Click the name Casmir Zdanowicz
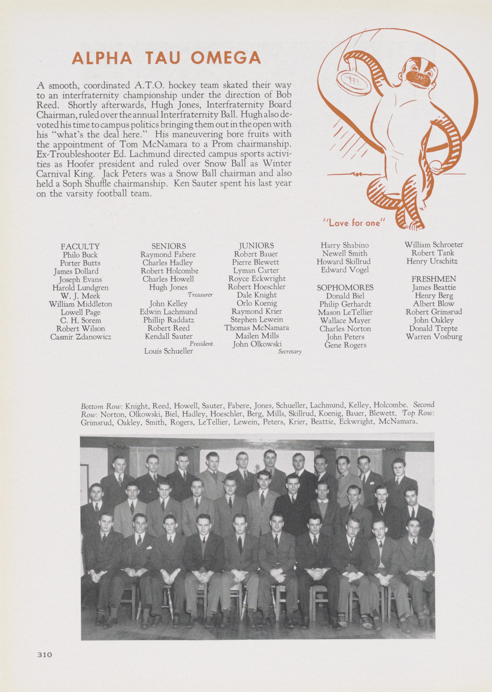(81, 337)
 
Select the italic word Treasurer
(200, 295)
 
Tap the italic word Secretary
(290, 352)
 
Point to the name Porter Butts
(80, 263)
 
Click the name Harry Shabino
(345, 245)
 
